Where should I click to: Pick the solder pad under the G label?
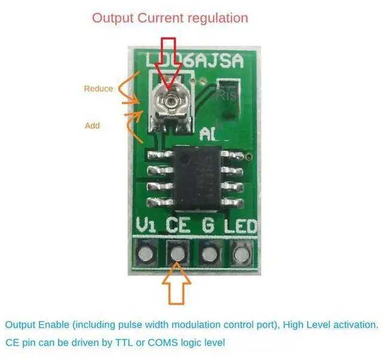(x=209, y=254)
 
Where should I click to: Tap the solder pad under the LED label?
(x=241, y=254)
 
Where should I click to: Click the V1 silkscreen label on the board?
(x=147, y=226)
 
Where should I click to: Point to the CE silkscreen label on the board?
(x=178, y=226)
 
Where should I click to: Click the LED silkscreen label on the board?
(x=241, y=226)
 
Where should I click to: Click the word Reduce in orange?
(x=98, y=89)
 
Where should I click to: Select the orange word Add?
(x=92, y=126)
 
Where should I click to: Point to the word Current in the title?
(x=158, y=18)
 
